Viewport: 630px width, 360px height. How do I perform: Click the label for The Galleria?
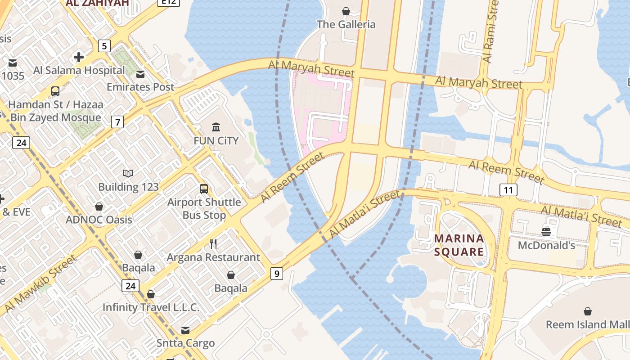coord(346,24)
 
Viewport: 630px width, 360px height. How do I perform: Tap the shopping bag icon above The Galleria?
coord(346,11)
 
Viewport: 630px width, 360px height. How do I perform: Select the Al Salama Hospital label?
coord(79,70)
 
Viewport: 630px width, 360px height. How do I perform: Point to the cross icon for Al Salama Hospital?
coord(79,57)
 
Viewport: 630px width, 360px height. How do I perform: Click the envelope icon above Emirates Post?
coord(140,74)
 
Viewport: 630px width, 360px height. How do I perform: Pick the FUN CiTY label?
coord(216,140)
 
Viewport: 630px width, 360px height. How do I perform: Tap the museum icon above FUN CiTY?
coord(216,127)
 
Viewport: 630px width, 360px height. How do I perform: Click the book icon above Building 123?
coord(128,173)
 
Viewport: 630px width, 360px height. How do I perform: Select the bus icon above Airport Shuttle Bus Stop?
coord(204,189)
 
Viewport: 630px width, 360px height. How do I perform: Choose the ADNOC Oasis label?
coord(99,220)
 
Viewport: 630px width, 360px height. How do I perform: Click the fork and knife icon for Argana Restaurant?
coord(213,244)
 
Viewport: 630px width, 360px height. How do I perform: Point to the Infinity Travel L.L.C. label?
coord(151,307)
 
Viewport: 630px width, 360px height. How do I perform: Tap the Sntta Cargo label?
coord(185,343)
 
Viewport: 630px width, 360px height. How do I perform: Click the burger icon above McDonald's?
coord(546,232)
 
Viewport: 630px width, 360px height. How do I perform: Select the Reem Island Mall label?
coord(587,324)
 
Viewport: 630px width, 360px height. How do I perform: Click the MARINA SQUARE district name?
coord(459,245)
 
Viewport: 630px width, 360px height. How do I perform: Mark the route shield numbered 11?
coord(508,190)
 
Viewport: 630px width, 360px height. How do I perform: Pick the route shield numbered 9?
coord(277,273)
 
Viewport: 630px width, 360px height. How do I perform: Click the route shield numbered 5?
coord(104,45)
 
